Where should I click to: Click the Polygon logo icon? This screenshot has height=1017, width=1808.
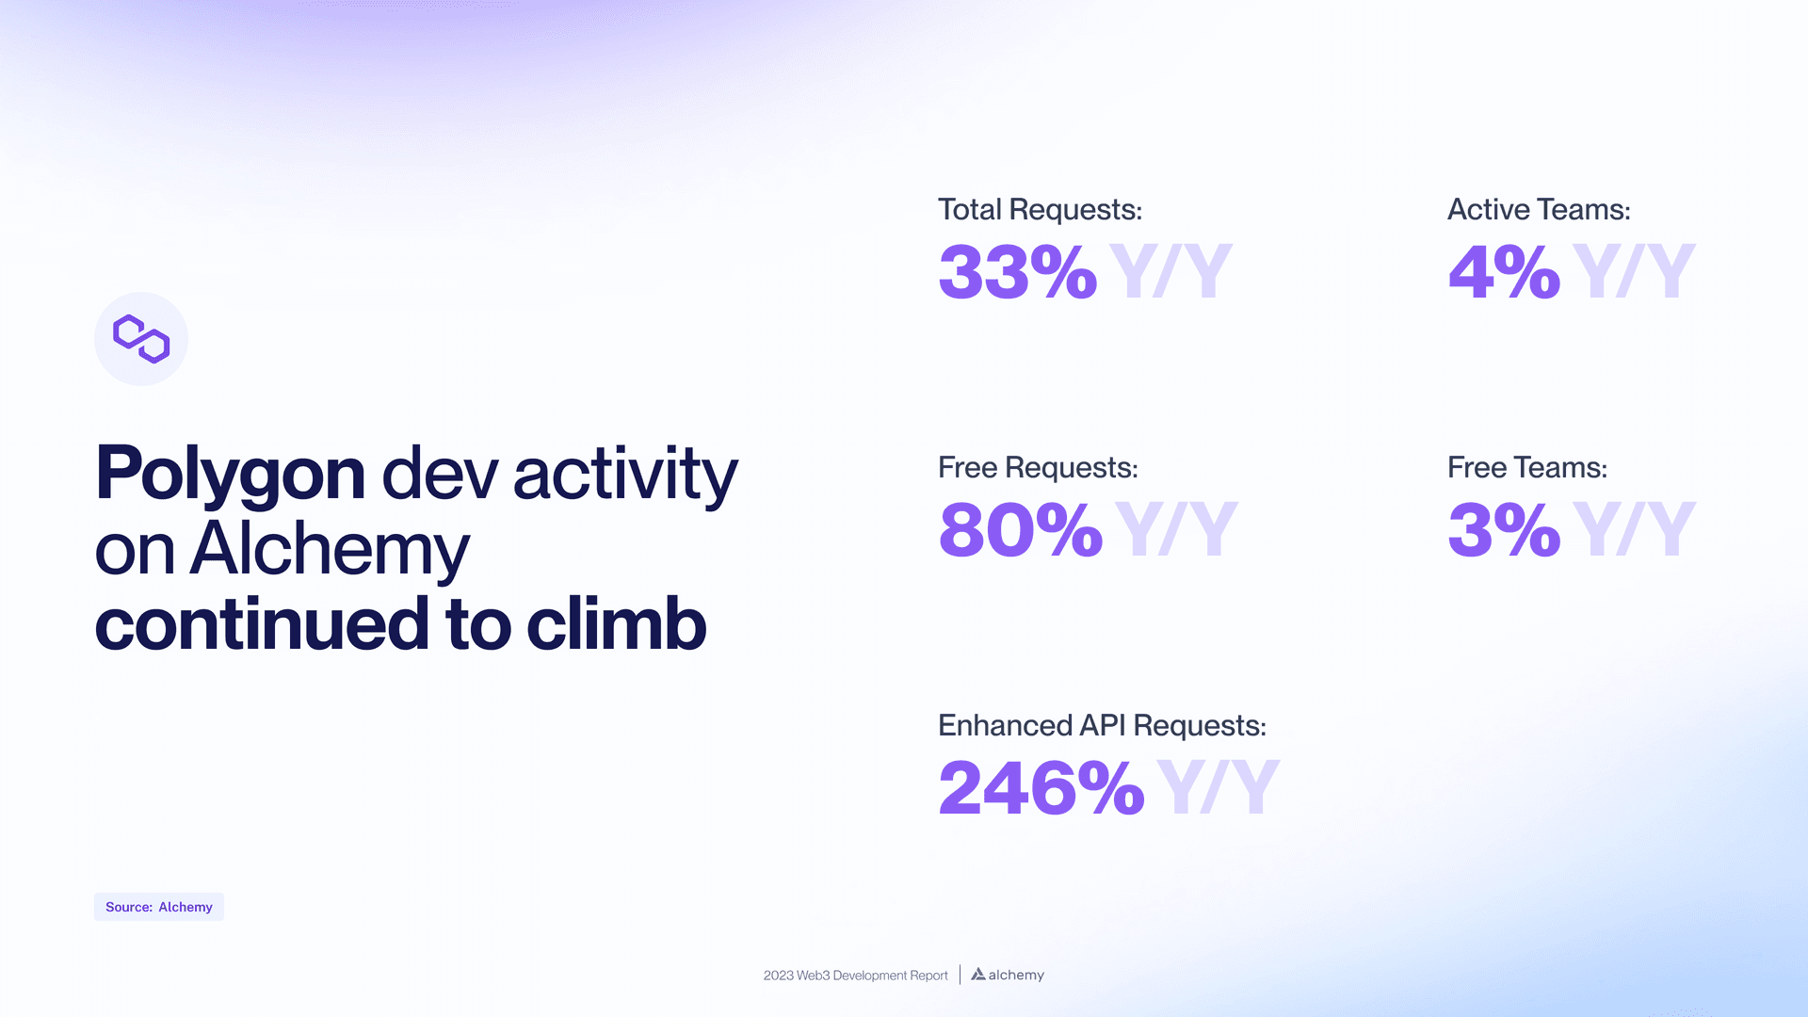tap(141, 339)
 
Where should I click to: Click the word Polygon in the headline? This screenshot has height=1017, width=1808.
tap(230, 473)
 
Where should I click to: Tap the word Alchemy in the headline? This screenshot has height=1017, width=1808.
tap(329, 549)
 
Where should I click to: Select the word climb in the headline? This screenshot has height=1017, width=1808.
tap(616, 624)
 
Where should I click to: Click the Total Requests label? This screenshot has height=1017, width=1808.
tap(1040, 209)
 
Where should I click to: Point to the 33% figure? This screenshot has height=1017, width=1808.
tap(1017, 272)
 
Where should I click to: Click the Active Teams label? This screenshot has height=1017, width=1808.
tap(1538, 209)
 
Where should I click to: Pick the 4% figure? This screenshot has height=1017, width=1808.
tap(1503, 272)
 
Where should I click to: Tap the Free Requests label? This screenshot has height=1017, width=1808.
tap(1038, 467)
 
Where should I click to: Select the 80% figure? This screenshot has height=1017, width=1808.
tap(1020, 530)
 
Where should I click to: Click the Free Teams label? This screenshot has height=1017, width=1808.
tap(1526, 467)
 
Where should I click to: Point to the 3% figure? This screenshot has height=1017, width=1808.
tap(1503, 530)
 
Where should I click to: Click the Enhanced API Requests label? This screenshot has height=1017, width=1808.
tap(1102, 725)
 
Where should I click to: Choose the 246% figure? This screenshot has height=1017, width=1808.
tap(1041, 788)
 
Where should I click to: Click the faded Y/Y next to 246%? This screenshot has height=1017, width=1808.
tap(1218, 788)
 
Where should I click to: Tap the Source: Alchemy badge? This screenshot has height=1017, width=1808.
tap(159, 907)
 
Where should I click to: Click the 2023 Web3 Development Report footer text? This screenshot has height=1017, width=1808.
tap(855, 976)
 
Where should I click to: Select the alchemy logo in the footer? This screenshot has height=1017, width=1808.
tap(1008, 975)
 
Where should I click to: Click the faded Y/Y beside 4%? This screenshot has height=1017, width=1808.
tap(1634, 272)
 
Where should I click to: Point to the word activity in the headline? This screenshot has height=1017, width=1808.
tap(625, 473)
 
